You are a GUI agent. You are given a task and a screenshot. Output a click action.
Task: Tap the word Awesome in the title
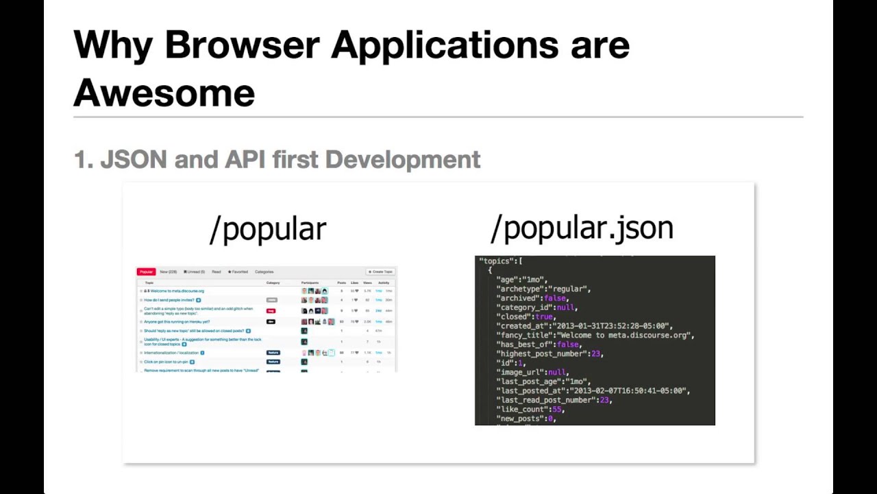(x=164, y=93)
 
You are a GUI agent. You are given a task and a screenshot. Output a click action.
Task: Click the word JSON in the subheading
(x=134, y=160)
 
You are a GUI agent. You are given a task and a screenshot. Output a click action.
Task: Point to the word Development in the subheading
(x=403, y=160)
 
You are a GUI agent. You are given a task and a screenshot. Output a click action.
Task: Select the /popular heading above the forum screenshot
(x=268, y=229)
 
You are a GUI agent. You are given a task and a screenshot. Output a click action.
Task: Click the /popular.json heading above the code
(x=582, y=228)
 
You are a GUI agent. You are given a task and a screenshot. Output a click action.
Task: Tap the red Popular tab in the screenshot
(x=146, y=272)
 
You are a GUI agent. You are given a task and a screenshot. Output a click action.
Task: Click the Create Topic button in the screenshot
(x=380, y=272)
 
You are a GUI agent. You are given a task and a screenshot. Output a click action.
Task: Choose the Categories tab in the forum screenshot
(x=264, y=272)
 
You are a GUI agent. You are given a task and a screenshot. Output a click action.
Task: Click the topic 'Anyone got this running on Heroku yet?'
(x=177, y=322)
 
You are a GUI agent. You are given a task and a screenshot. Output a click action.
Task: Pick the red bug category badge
(x=271, y=311)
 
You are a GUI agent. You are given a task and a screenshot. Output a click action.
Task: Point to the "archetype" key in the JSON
(x=521, y=289)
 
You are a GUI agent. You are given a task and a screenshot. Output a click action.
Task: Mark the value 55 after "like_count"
(x=556, y=410)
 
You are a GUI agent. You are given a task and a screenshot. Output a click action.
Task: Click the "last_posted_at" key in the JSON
(x=531, y=391)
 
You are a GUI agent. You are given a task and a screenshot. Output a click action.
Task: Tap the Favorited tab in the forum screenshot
(x=237, y=272)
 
